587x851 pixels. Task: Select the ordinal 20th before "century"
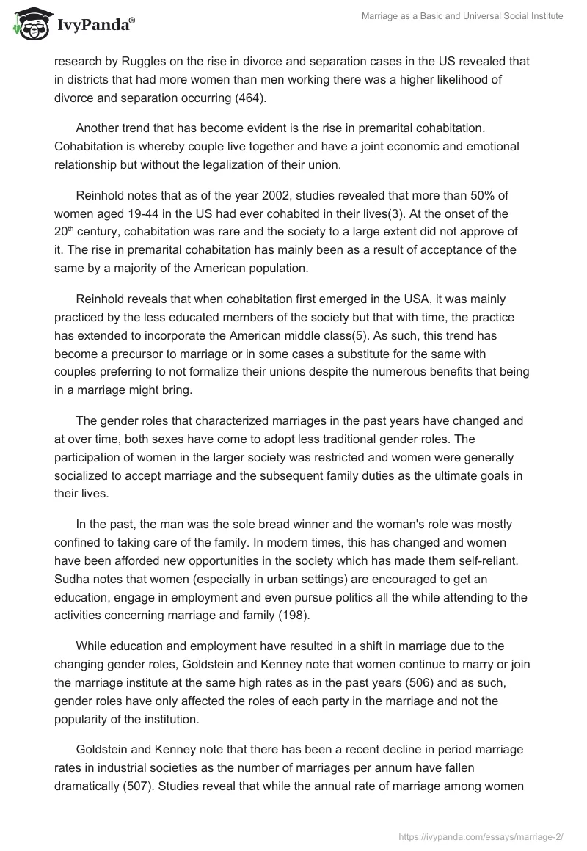pos(62,231)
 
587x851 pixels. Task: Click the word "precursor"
pos(127,356)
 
